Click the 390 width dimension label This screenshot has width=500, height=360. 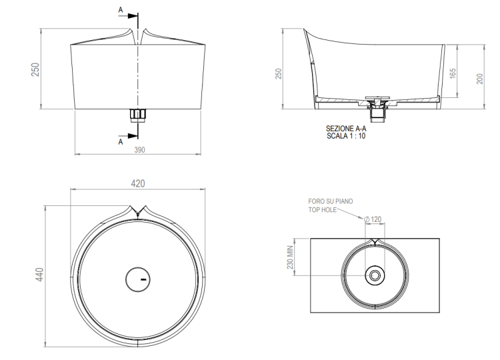point(140,150)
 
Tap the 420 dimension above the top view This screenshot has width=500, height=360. point(138,184)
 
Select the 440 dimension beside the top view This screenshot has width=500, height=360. point(39,275)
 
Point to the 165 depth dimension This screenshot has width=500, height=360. point(453,73)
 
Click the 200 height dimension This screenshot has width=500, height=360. point(480,79)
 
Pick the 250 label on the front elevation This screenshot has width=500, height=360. point(35,69)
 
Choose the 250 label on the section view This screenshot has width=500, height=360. point(279,73)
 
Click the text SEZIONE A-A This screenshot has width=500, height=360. point(346,129)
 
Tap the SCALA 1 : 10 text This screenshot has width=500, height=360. point(346,136)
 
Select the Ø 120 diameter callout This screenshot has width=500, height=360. point(373,219)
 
